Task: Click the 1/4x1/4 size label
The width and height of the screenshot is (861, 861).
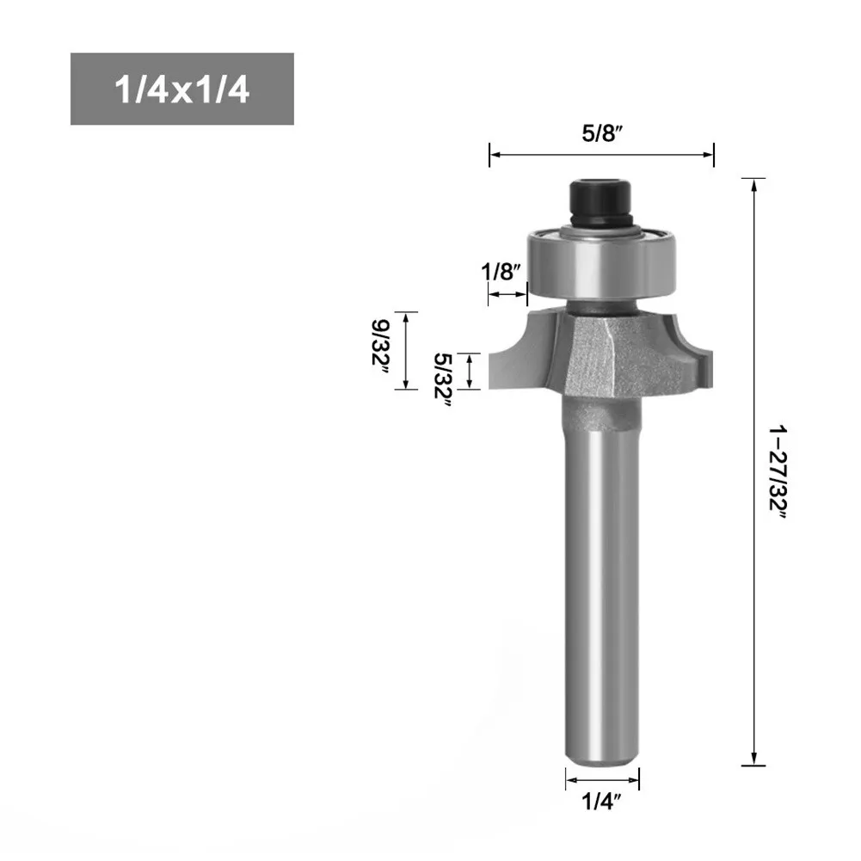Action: [181, 89]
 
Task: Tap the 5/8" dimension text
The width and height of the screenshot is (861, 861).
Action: [602, 133]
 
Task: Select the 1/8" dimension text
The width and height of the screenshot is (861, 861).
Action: [501, 271]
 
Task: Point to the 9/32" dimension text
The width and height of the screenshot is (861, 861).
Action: [380, 347]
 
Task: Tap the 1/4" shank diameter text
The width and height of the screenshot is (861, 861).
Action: [601, 803]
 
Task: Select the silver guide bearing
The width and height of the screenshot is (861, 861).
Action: [600, 263]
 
